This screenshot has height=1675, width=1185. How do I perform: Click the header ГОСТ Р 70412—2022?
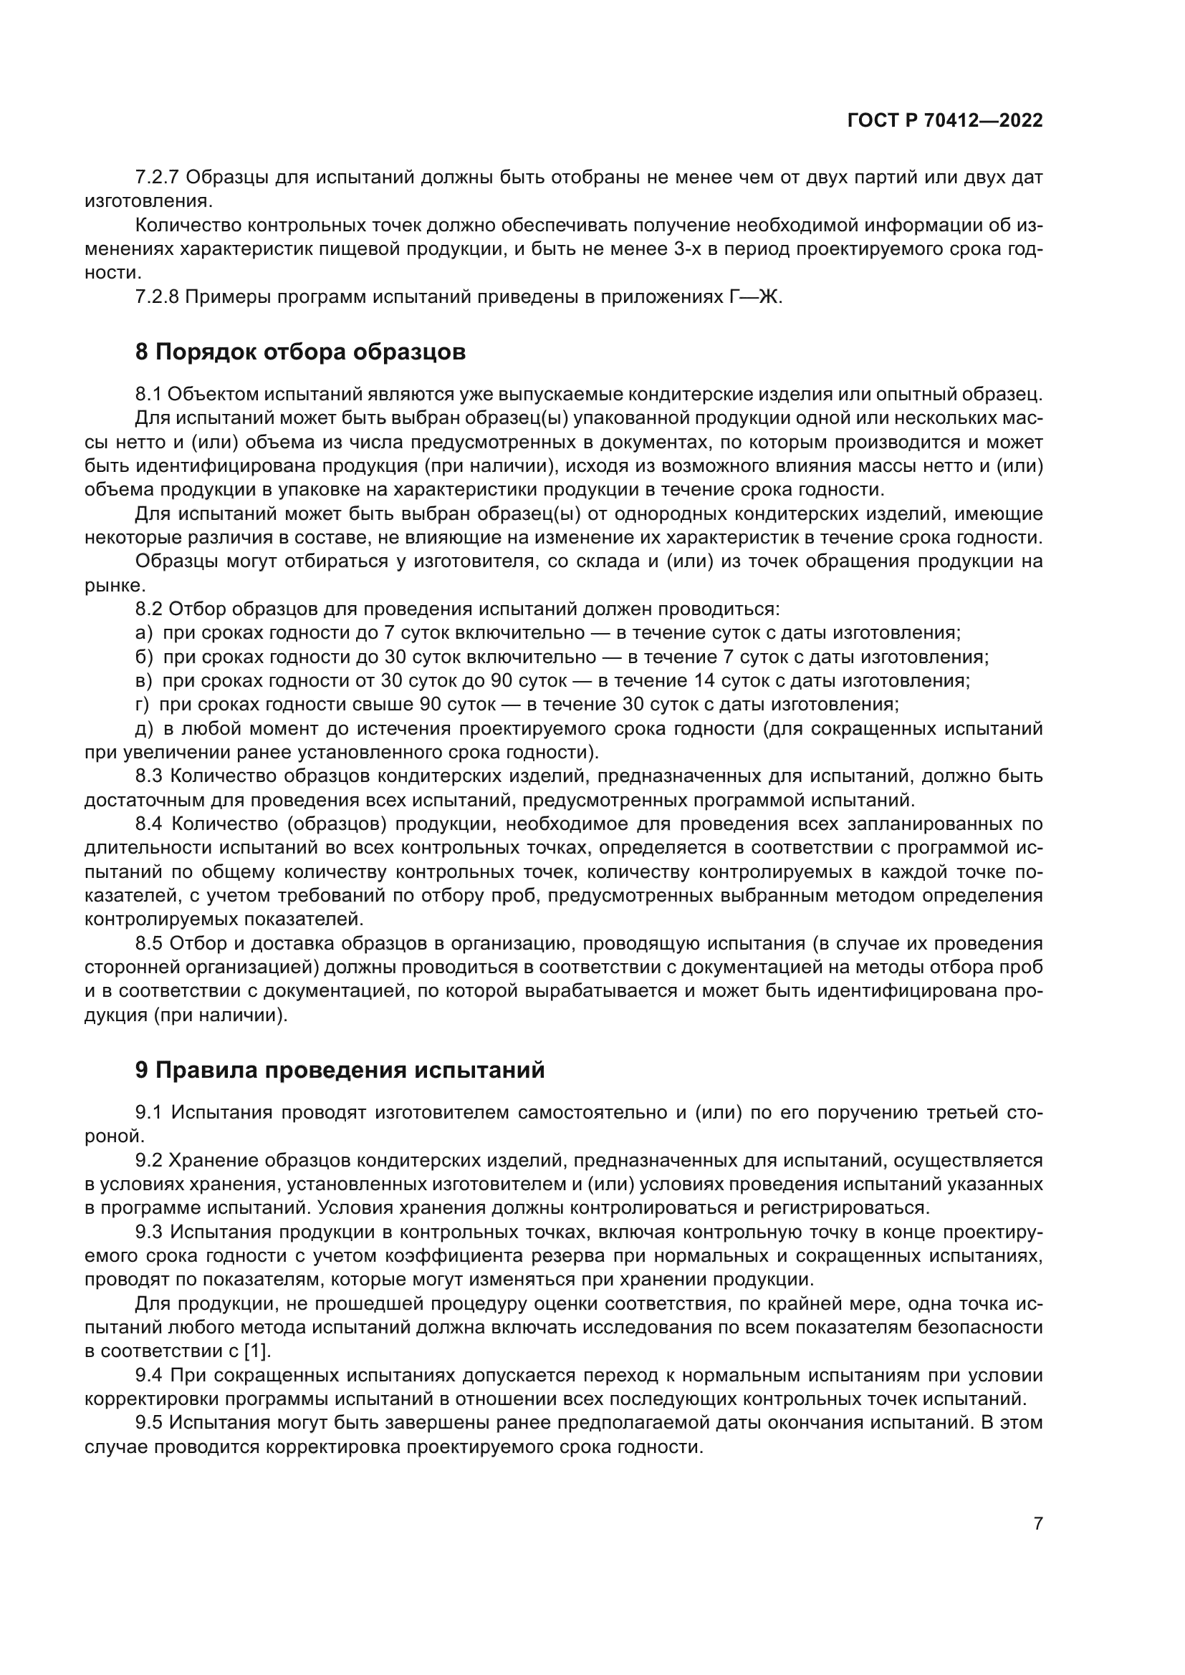[x=944, y=120]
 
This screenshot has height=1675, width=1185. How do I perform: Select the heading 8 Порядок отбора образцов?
[x=300, y=352]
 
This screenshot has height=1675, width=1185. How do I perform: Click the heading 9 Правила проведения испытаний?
[x=340, y=1070]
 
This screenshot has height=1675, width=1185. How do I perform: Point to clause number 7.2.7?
[x=158, y=178]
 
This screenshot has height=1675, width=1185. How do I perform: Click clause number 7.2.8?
[x=158, y=297]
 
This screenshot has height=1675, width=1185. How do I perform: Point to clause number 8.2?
[x=149, y=609]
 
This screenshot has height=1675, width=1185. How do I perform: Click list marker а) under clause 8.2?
[x=144, y=633]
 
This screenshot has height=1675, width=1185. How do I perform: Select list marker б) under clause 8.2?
[x=144, y=657]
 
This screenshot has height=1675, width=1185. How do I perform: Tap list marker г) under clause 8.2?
[x=143, y=705]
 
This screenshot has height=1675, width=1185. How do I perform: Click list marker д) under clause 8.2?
[x=144, y=729]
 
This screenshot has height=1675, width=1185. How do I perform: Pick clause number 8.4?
[x=149, y=824]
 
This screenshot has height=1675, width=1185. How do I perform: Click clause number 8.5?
[x=149, y=944]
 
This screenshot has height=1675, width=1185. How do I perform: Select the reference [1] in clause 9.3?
[x=256, y=1351]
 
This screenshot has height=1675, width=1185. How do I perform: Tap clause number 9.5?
[x=149, y=1424]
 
